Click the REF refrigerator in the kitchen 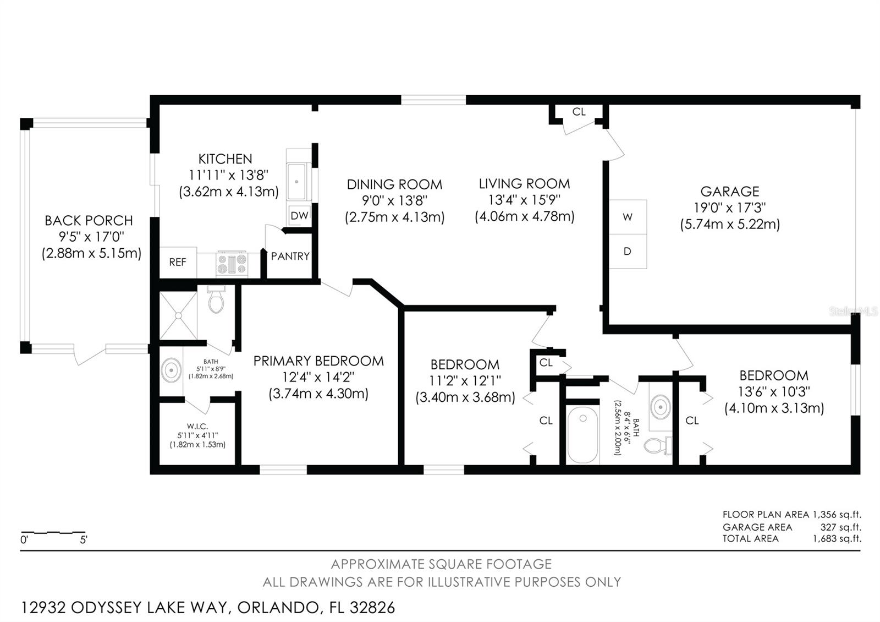[x=178, y=262]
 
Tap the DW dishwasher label [x=299, y=215]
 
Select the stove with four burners [x=232, y=264]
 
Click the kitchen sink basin [x=296, y=182]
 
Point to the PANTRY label [x=290, y=257]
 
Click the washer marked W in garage [x=628, y=217]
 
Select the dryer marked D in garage [x=628, y=251]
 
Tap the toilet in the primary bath [x=216, y=299]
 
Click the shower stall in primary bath [x=178, y=315]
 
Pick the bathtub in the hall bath [x=583, y=434]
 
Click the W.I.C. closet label [x=197, y=426]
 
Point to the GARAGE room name [x=730, y=192]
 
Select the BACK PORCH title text [x=89, y=221]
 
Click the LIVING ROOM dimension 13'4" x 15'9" [x=525, y=200]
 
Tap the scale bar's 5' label [x=84, y=540]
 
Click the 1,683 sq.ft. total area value [x=837, y=539]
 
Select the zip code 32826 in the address [x=372, y=608]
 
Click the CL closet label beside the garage [x=579, y=112]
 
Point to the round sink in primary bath [x=171, y=370]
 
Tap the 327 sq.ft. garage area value [x=841, y=527]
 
